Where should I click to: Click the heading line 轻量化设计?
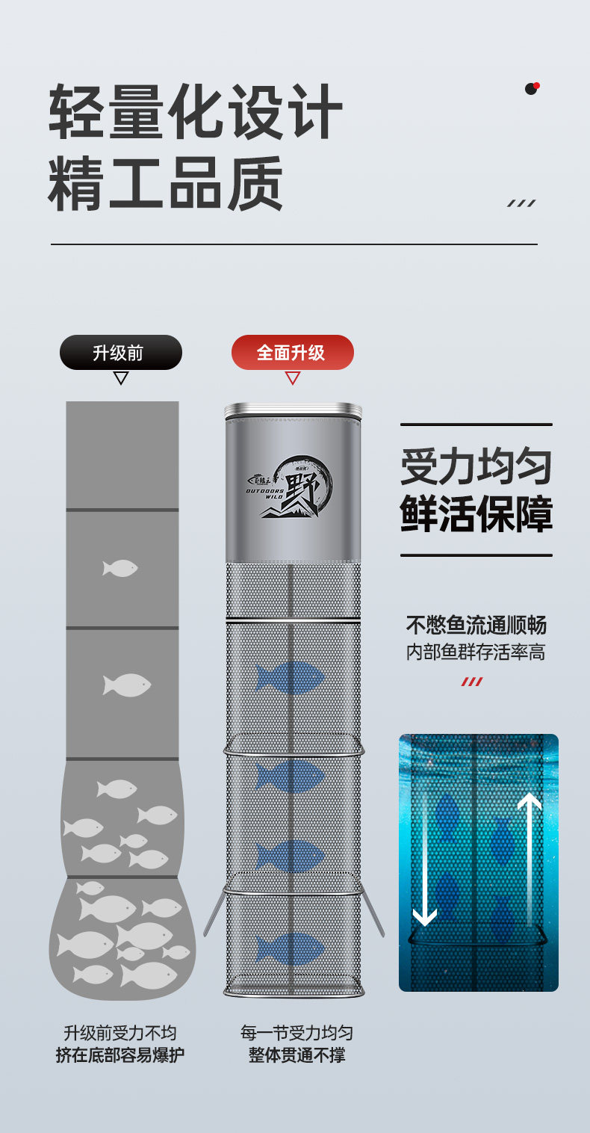coord(196,112)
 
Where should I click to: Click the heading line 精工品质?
coord(166,183)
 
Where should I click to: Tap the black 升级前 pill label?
coord(120,352)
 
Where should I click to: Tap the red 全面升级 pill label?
coord(292,352)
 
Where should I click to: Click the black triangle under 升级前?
coord(121,378)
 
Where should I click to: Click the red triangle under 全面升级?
coord(293,378)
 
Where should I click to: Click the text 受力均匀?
coord(476,467)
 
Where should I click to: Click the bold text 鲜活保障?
coord(476,513)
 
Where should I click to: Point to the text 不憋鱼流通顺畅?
coord(476,625)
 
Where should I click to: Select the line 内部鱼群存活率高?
coord(476,652)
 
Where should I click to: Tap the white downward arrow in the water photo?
coord(425,859)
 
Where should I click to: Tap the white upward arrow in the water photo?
coord(530,859)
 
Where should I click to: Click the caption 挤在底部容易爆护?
coord(120,1055)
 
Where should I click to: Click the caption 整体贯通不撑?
coord(296,1055)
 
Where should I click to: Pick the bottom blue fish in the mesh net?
coord(291,948)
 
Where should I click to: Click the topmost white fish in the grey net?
coord(120,569)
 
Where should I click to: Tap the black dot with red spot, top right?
coord(532,88)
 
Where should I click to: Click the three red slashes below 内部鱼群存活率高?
coord(471,682)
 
